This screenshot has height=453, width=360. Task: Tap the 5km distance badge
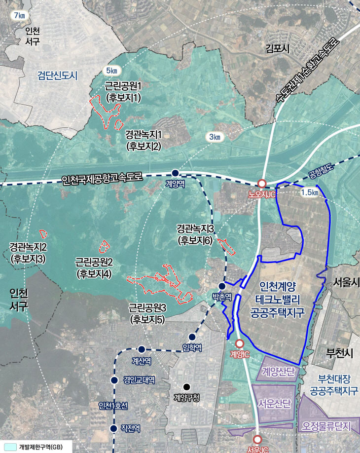111,71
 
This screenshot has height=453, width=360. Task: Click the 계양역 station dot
175,173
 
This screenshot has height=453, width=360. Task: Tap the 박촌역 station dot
222,286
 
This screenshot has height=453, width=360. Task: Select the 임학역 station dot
192,337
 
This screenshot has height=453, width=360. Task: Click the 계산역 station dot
142,349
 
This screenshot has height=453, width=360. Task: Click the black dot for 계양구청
186,386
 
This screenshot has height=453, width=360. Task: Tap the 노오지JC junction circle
262,184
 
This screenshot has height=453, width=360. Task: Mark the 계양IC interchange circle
240,343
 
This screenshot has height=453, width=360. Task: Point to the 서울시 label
344,283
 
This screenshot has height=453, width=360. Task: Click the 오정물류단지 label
327,425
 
